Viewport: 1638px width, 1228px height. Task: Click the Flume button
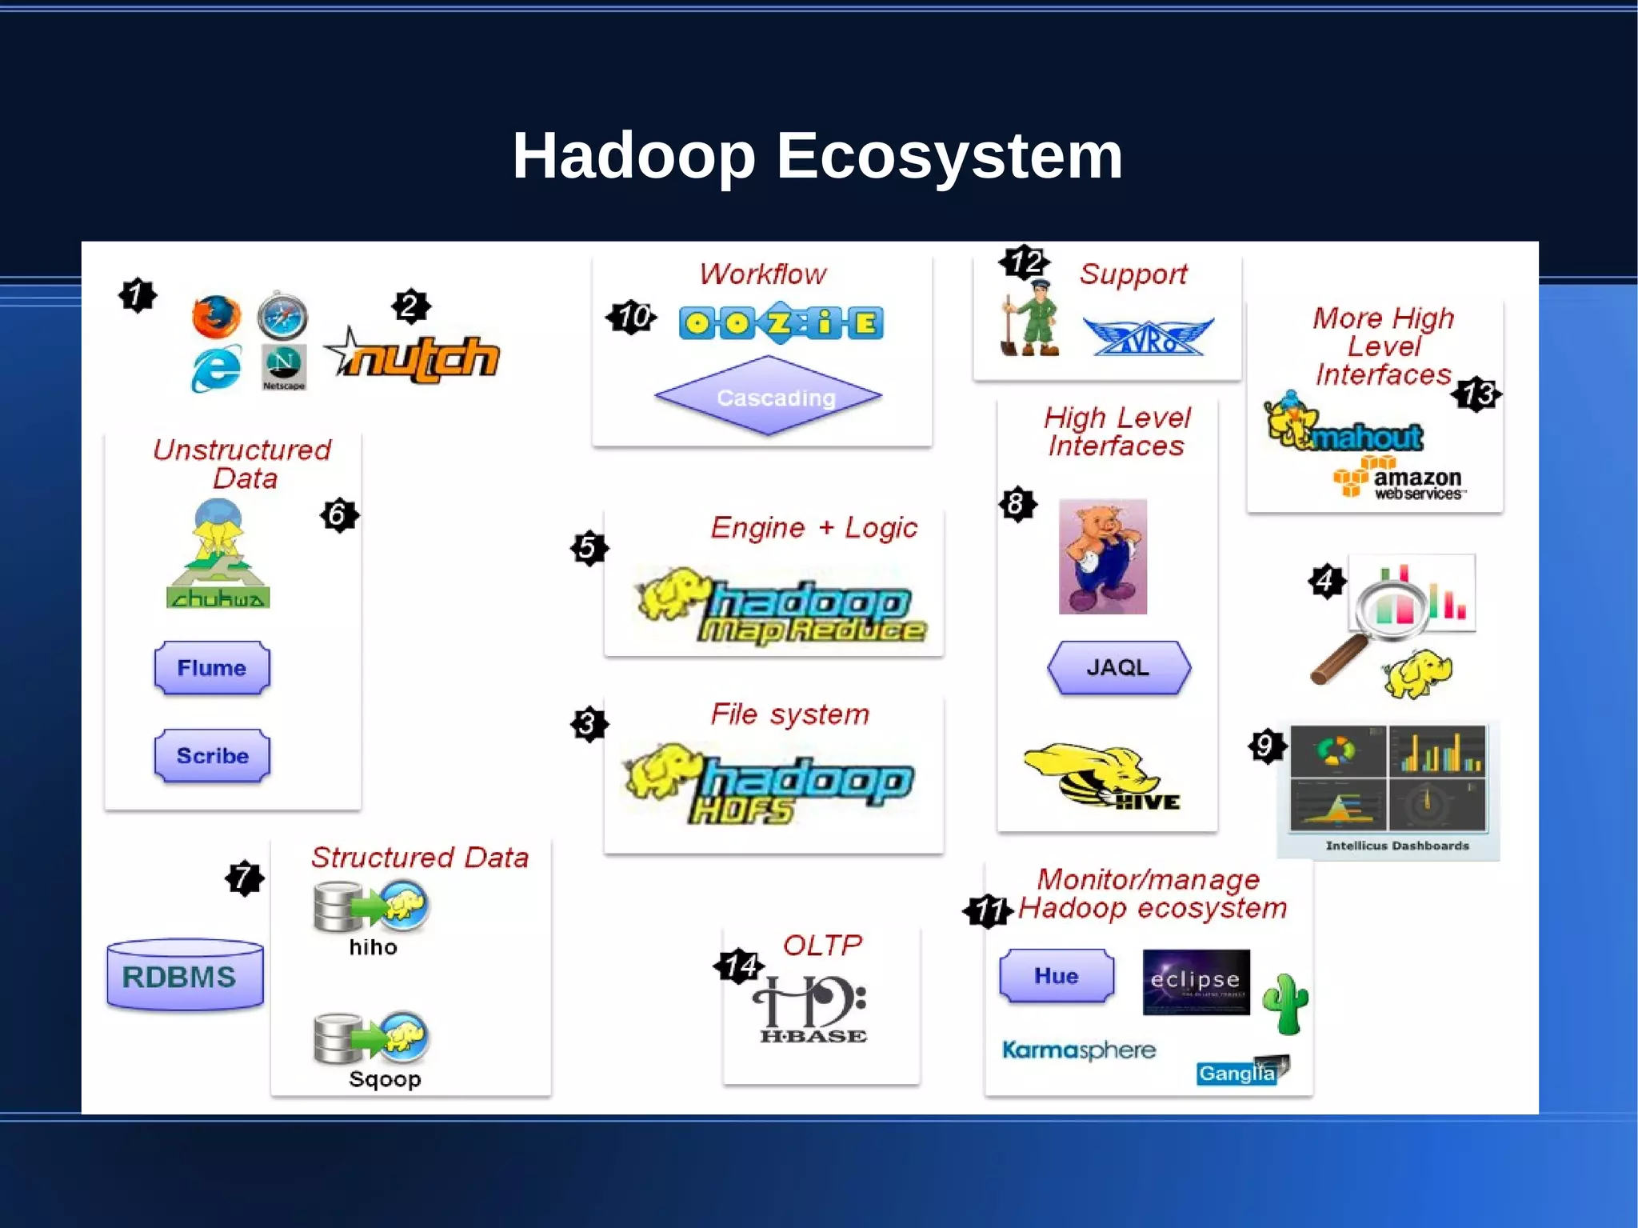pyautogui.click(x=212, y=667)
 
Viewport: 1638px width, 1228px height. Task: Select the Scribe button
pyautogui.click(x=212, y=755)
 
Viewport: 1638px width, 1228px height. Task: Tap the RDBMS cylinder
pyautogui.click(x=185, y=975)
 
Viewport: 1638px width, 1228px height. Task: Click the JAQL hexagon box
pyautogui.click(x=1118, y=667)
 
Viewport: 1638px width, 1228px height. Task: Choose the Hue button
pyautogui.click(x=1057, y=975)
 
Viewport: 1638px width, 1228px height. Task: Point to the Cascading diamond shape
pyautogui.click(x=769, y=396)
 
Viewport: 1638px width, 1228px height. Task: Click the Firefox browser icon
pyautogui.click(x=216, y=317)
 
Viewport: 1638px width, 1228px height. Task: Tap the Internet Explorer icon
pyautogui.click(x=216, y=368)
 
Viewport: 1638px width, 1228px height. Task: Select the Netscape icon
pyautogui.click(x=284, y=367)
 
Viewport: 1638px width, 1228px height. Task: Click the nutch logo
pyautogui.click(x=416, y=356)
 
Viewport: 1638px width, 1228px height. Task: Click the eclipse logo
pyautogui.click(x=1196, y=982)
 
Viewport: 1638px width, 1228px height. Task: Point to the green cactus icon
pyautogui.click(x=1285, y=1003)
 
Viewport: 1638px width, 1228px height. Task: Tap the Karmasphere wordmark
pyautogui.click(x=1079, y=1049)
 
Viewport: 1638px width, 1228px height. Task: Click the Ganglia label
pyautogui.click(x=1236, y=1072)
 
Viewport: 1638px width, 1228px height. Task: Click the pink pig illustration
pyautogui.click(x=1102, y=557)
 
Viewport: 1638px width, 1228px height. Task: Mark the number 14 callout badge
pyautogui.click(x=738, y=966)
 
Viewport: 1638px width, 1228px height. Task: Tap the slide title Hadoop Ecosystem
pyautogui.click(x=817, y=155)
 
